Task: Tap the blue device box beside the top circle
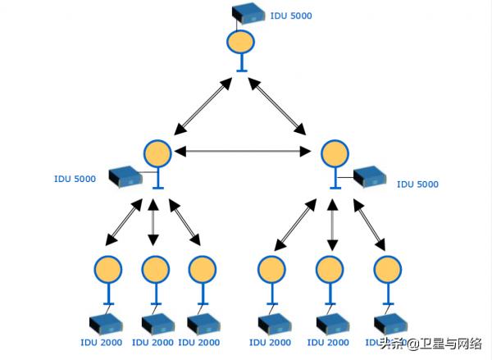248,13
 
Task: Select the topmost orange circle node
242,43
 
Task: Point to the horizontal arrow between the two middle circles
245,151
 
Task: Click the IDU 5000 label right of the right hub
417,185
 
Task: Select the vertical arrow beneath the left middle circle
153,222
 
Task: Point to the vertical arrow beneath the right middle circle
331,222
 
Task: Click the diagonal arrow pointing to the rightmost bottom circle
369,222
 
